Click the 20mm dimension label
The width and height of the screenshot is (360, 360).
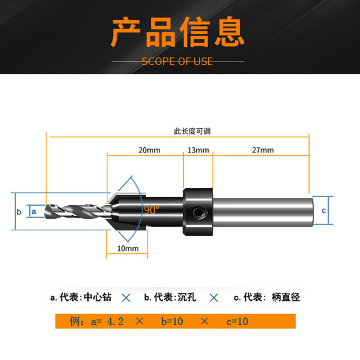[149, 150]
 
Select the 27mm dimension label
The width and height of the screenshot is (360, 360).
[262, 150]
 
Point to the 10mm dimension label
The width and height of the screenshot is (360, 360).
[128, 248]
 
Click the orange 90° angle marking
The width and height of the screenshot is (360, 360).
[152, 210]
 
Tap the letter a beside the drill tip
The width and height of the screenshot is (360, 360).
[34, 211]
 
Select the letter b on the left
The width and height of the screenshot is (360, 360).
[19, 211]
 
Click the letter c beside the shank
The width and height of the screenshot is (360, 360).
[324, 210]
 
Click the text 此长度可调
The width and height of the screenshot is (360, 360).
[192, 131]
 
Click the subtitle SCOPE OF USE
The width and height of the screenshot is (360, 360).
[177, 61]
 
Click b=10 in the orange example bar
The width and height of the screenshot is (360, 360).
[173, 321]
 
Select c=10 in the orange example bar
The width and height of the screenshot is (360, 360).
[237, 321]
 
